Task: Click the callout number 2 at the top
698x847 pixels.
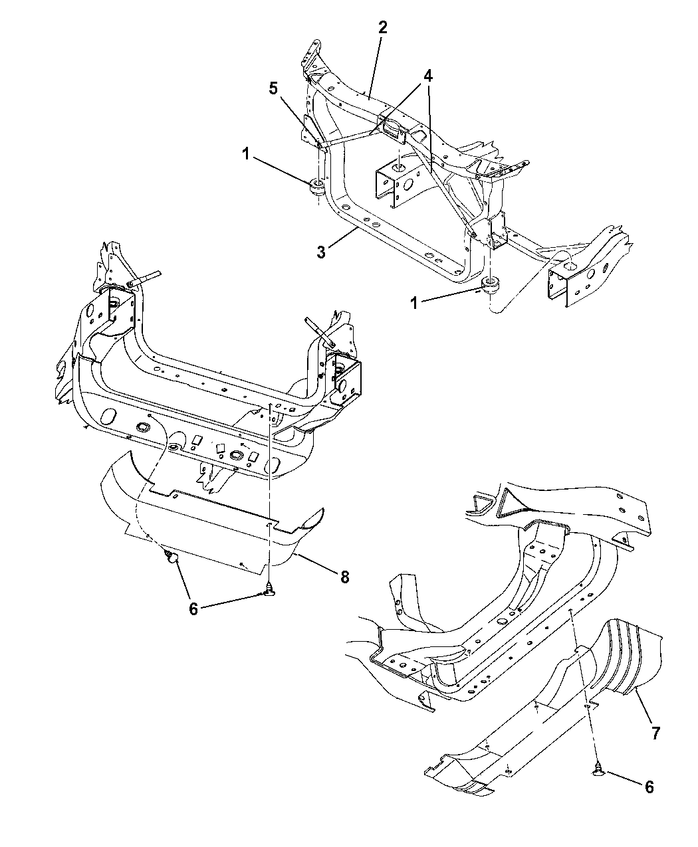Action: coord(382,28)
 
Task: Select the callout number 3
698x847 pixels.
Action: coord(321,252)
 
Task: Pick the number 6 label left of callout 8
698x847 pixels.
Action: coord(193,609)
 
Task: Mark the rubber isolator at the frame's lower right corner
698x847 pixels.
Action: coord(491,288)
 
